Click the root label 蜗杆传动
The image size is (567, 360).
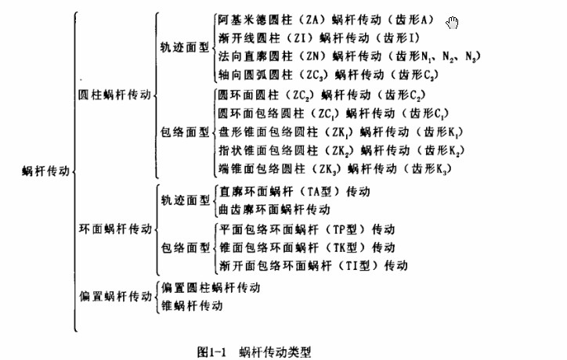[45, 171]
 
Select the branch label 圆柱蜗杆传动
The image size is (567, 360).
[114, 95]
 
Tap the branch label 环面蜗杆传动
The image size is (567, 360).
[115, 229]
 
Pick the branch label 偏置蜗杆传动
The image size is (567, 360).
[115, 297]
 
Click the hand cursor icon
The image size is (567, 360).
[452, 23]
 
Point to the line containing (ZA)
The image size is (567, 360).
[326, 20]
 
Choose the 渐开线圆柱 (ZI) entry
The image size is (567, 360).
[319, 38]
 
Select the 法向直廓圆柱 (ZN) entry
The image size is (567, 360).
[349, 56]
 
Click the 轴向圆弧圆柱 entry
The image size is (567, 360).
[328, 75]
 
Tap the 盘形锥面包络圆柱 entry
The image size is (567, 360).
[341, 132]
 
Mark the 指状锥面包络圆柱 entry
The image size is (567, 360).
[341, 150]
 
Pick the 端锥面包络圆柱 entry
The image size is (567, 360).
[335, 169]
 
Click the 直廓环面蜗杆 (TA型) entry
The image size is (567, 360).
[294, 191]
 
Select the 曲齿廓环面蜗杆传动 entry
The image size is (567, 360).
[275, 209]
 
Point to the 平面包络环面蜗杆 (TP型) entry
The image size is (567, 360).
[307, 229]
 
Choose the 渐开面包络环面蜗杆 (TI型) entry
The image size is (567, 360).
[313, 265]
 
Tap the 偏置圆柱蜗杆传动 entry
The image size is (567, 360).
[211, 288]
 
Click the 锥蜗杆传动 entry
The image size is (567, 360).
[192, 306]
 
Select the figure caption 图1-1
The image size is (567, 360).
[212, 351]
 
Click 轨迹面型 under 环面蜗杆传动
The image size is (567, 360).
[185, 200]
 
